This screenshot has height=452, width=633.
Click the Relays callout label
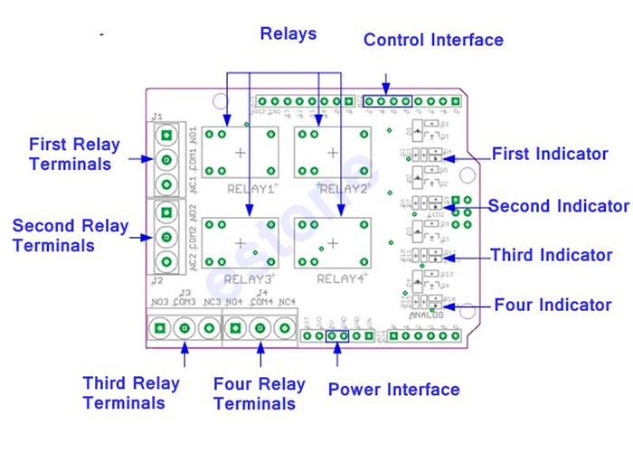(x=288, y=34)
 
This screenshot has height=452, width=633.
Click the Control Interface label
(x=433, y=41)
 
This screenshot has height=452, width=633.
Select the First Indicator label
(x=550, y=154)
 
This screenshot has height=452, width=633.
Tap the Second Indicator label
(x=558, y=206)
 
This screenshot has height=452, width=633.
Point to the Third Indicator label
(x=552, y=256)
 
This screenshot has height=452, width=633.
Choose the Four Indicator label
(x=553, y=306)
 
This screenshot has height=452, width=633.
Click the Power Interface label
(x=393, y=391)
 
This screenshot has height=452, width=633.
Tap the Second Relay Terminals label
(x=70, y=235)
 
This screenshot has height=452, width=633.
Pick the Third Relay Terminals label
(x=131, y=392)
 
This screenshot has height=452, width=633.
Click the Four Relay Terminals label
(x=260, y=392)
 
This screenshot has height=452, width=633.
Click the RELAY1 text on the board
(x=249, y=190)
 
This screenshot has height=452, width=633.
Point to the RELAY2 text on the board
(x=343, y=190)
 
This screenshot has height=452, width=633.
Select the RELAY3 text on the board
(x=249, y=278)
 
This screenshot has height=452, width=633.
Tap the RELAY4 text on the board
(x=343, y=278)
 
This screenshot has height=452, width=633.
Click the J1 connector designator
(x=157, y=117)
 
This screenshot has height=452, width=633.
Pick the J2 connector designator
(x=157, y=281)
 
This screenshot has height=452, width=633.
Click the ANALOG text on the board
(x=427, y=315)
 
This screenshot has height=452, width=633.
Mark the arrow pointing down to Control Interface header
(x=387, y=80)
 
